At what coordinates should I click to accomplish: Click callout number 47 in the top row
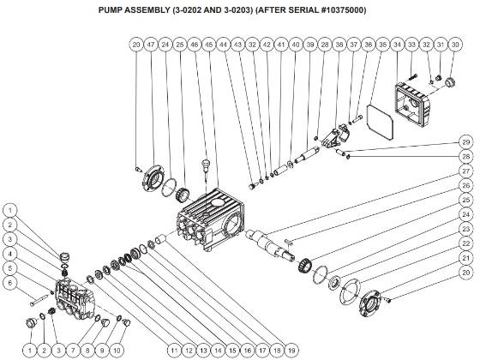(149, 43)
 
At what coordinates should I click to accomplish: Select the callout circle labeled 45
(210, 43)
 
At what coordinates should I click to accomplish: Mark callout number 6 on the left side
(9, 282)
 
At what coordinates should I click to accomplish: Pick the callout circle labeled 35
(382, 43)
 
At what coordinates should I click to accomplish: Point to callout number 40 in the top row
(295, 43)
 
